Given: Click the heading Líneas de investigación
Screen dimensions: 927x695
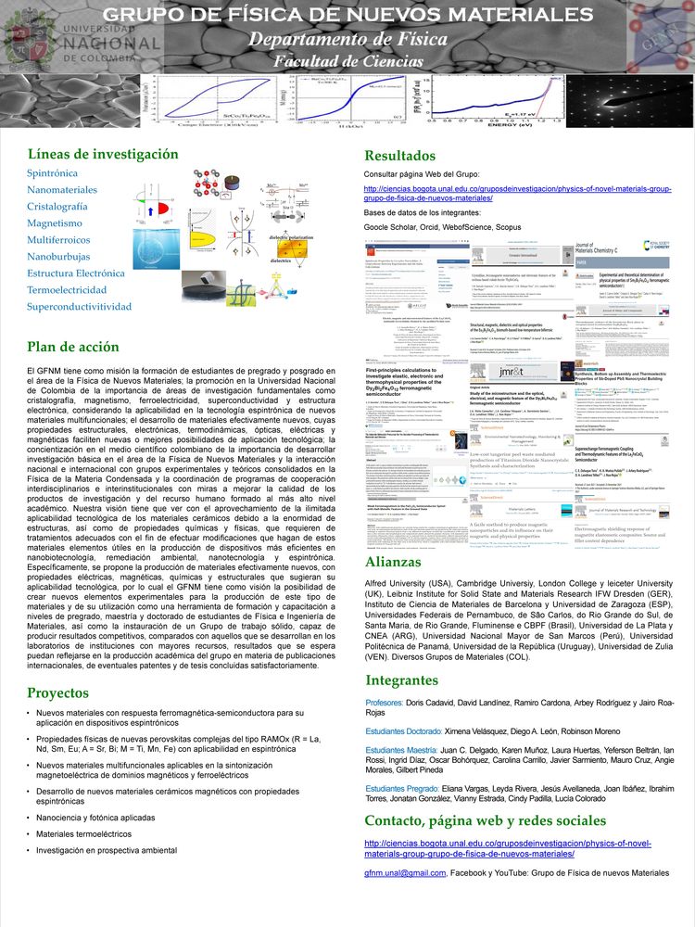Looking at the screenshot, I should pyautogui.click(x=102, y=154).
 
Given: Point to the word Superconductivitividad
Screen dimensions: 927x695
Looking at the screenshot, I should pyautogui.click(x=79, y=307).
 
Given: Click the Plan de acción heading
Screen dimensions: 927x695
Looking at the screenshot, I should pyautogui.click(x=73, y=347).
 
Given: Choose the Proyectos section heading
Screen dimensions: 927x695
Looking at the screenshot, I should pyautogui.click(x=58, y=692).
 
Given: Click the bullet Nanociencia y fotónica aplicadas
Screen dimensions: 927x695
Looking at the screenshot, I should pyautogui.click(x=95, y=818).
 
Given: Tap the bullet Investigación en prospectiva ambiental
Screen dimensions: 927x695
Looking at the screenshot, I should pyautogui.click(x=107, y=850).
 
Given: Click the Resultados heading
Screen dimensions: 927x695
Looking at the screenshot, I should pyautogui.click(x=399, y=156).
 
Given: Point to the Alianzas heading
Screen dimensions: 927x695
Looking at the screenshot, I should pyautogui.click(x=394, y=562).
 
